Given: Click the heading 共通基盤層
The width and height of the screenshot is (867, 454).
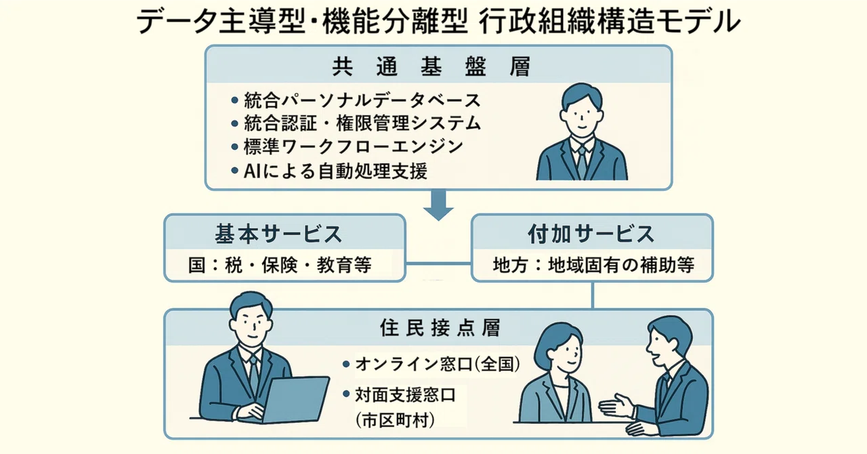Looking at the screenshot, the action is coord(432,66).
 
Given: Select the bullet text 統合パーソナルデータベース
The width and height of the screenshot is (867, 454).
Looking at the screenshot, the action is coord(362,100).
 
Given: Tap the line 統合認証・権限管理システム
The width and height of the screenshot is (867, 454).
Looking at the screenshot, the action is coord(362,123).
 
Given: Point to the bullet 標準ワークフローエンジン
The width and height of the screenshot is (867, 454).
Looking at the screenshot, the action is coord(354,147).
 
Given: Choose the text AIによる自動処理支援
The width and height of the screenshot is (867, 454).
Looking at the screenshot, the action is coord(335,171).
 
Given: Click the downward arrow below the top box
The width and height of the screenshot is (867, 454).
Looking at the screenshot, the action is coord(438,205).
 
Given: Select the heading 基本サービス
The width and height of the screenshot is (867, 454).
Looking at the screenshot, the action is coord(278,234).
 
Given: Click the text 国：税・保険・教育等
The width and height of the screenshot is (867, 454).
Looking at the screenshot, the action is coord(280,265).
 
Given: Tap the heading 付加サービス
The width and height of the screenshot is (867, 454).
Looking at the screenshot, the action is coord(591,234).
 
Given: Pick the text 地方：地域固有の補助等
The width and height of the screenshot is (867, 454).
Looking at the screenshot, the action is coord(593,265).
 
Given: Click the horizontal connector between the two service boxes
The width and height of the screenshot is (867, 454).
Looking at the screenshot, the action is coord(438,264).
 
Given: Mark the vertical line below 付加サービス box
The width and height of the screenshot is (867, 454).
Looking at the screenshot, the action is coord(593,295).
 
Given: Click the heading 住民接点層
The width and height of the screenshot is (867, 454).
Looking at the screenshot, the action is coord(440,328).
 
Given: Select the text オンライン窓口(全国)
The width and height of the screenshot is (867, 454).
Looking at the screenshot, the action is coord(438,364).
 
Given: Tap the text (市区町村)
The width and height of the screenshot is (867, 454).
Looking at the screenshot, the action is coord(394,420).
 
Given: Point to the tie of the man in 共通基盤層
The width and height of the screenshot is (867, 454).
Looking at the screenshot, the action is coord(582,162).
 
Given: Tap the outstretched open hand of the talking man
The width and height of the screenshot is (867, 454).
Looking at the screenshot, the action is coord(616,407).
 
